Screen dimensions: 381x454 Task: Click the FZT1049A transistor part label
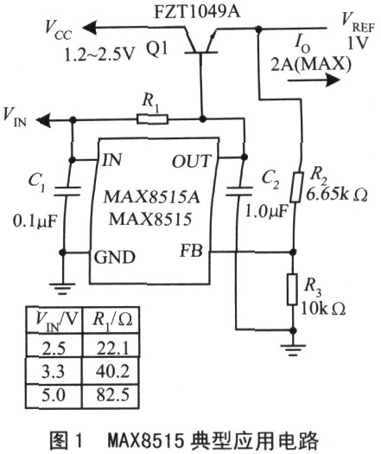pos(197,12)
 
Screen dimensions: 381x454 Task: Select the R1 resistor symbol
pos(152,119)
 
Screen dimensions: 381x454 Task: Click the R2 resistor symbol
pos(297,187)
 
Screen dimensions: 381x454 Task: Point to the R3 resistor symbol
pos(293,289)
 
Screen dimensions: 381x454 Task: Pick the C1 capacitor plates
pos(67,191)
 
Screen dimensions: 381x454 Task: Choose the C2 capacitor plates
pos(239,191)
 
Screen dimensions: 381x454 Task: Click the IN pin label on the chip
pos(111,159)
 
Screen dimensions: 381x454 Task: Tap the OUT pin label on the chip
pos(192,161)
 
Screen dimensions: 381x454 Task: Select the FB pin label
pos(191,251)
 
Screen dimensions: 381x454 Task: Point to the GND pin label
pos(115,257)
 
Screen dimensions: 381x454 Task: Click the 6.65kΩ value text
pos(337,195)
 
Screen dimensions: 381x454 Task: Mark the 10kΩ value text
pos(323,309)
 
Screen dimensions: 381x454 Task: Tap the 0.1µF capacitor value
pos(35,221)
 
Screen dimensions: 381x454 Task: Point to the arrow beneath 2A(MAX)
pos(314,80)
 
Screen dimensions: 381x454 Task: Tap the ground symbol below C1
pos(62,289)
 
